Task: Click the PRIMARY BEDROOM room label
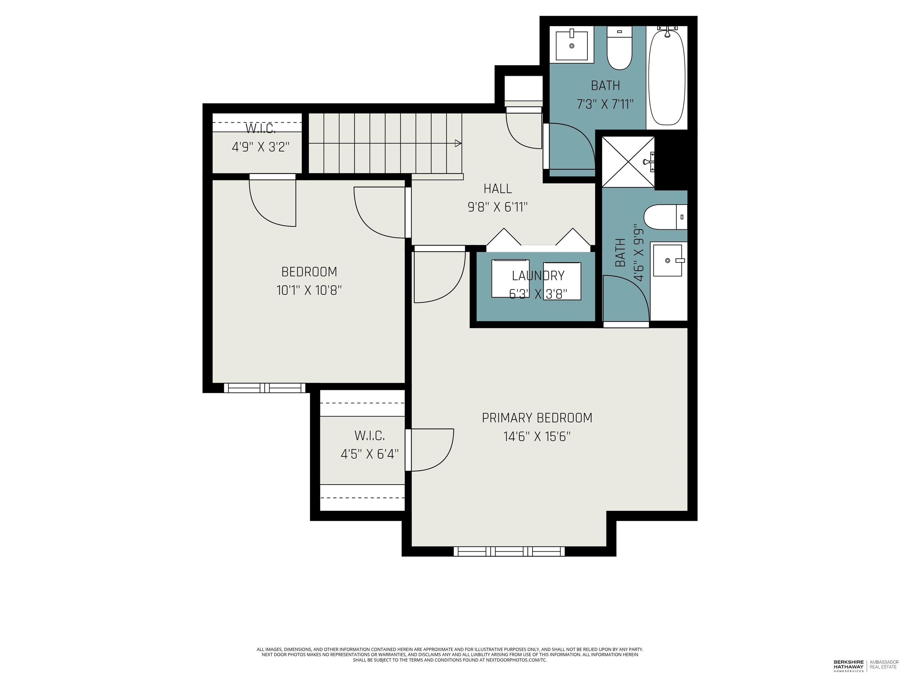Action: click(537, 418)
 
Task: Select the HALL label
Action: click(497, 189)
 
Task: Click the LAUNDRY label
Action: click(538, 276)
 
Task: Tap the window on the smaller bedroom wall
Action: click(265, 388)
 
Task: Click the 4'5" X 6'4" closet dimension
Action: click(369, 454)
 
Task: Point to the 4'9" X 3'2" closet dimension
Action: click(260, 147)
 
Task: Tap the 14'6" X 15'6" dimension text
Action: click(537, 437)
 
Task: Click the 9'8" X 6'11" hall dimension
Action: click(497, 207)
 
